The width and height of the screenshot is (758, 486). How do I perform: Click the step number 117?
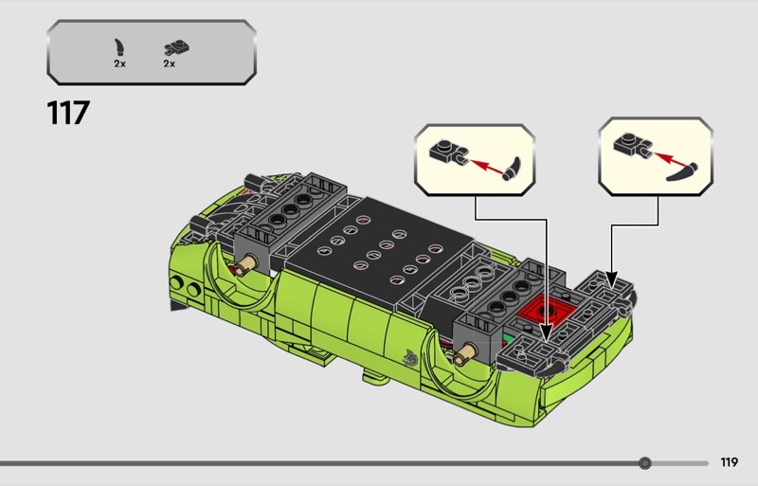click(67, 113)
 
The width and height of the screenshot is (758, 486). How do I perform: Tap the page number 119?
click(729, 463)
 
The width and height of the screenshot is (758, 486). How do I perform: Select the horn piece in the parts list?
click(119, 45)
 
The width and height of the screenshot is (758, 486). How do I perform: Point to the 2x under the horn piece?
click(119, 63)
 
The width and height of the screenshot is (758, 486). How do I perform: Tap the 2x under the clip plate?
click(170, 63)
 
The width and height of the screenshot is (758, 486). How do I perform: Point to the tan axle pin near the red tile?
click(464, 357)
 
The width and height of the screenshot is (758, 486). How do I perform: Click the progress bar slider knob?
click(645, 463)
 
